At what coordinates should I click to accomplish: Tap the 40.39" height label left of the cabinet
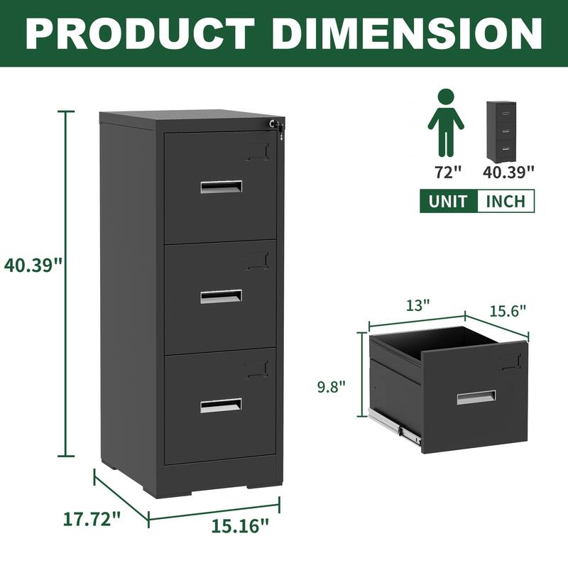[33, 265]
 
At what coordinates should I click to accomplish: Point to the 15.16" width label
[241, 526]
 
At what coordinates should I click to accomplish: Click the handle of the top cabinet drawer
[221, 187]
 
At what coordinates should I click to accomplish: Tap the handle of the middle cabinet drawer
[221, 297]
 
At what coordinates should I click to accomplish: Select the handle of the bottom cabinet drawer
[221, 405]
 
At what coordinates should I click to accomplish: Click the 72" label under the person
[445, 172]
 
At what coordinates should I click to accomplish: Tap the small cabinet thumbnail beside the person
[500, 131]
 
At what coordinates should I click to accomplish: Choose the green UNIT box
[448, 201]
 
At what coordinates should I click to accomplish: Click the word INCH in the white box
[506, 201]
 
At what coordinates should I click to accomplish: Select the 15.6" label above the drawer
[507, 310]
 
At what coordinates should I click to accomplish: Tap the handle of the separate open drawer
[476, 398]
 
